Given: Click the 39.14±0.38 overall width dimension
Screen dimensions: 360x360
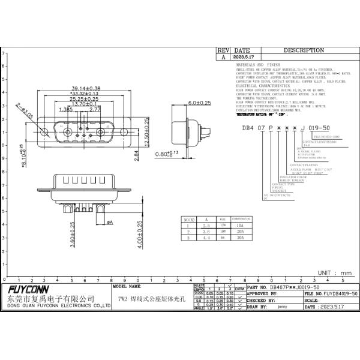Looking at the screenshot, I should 86,88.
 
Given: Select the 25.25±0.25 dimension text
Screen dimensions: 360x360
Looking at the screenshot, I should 85,99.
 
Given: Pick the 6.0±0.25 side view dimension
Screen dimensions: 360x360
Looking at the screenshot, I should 199,103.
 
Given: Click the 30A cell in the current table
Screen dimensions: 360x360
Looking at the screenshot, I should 239,238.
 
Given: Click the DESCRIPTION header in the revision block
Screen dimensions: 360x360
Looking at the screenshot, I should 304,50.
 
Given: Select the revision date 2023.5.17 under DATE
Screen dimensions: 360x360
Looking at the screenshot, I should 244,57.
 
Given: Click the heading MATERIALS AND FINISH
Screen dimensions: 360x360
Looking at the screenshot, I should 259,64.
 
